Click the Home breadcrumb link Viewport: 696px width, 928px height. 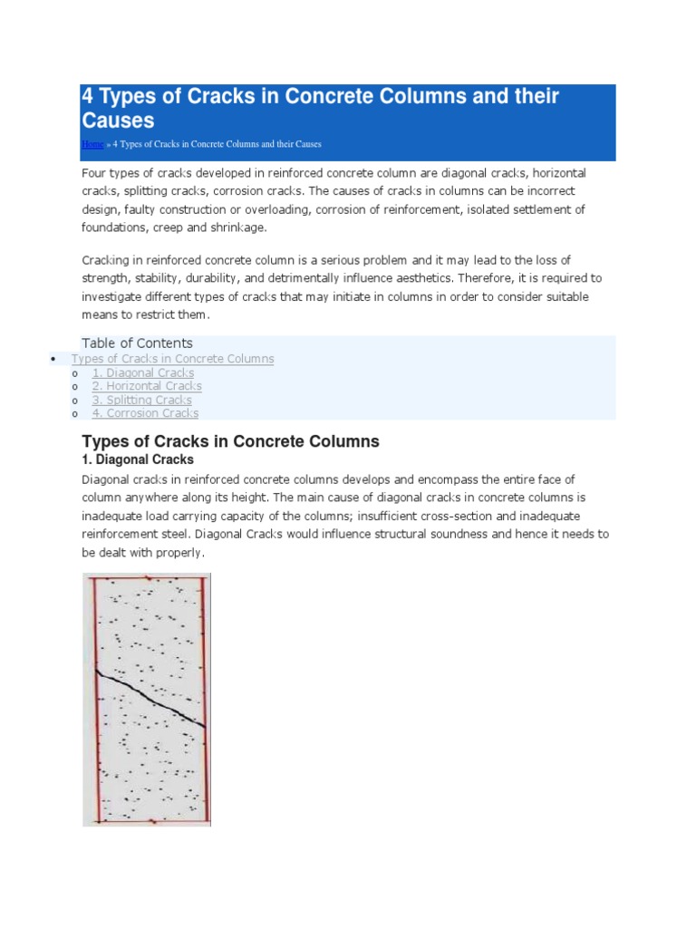(92, 144)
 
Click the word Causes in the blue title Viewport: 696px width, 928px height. (119, 121)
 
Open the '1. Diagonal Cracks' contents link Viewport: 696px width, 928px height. (143, 372)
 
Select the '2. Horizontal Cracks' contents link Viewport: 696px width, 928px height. (147, 386)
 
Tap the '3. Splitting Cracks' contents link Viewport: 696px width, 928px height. (142, 400)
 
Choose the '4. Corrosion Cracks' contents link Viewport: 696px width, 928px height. (145, 413)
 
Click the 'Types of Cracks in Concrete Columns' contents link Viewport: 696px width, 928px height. (172, 359)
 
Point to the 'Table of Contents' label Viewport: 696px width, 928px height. (137, 343)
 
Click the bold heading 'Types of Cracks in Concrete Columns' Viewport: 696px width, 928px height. (230, 441)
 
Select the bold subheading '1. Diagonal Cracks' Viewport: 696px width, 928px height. (138, 459)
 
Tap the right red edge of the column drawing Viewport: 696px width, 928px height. (204, 698)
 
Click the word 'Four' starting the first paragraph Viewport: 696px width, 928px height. (95, 172)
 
